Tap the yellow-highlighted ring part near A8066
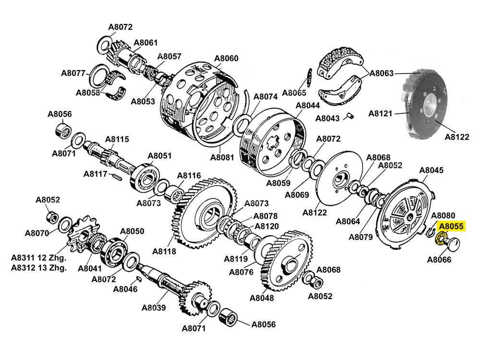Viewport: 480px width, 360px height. (440, 239)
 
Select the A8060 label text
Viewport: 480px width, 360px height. (226, 59)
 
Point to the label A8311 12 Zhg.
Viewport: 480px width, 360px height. (39, 258)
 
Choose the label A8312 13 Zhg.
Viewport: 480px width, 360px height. (39, 268)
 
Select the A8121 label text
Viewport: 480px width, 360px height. (381, 114)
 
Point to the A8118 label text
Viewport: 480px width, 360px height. (164, 251)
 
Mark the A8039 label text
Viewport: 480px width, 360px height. (154, 308)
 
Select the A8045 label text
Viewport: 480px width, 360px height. (432, 170)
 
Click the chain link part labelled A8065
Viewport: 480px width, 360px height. (310, 76)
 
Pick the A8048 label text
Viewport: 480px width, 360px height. (262, 298)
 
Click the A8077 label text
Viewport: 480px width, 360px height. (73, 73)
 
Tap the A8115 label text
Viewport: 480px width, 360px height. (117, 139)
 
